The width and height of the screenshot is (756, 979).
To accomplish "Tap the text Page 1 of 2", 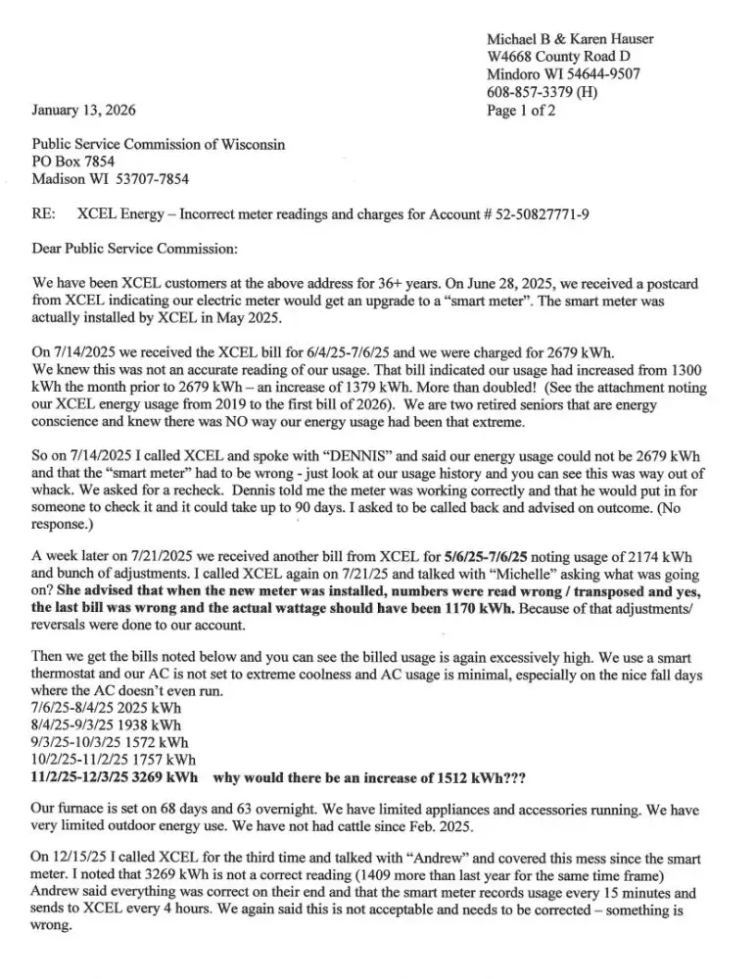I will [521, 110].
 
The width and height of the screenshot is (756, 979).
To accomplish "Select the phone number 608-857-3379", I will [530, 92].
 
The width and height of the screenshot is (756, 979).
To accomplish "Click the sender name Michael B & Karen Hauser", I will [570, 38].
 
